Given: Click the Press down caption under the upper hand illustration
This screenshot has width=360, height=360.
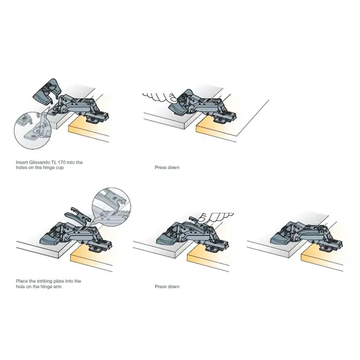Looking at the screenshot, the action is [x=167, y=167].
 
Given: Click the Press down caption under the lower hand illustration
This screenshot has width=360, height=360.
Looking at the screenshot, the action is [x=167, y=287].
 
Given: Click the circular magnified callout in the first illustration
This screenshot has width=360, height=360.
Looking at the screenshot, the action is [x=32, y=130].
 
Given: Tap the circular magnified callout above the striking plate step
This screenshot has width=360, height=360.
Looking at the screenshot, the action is [x=111, y=207].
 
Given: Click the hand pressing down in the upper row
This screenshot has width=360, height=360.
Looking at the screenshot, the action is [x=160, y=97].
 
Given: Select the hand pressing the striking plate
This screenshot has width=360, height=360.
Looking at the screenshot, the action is [x=215, y=217].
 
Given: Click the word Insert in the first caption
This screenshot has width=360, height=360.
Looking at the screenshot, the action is [x=22, y=162].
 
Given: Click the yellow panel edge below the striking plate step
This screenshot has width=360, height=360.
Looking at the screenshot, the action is [x=91, y=258].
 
